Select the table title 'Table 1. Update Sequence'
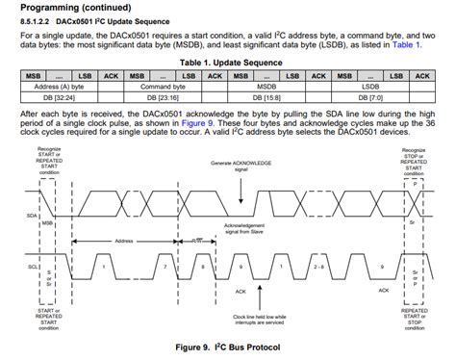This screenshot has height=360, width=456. coord(227,61)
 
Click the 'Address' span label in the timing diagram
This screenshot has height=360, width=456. coord(122,241)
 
